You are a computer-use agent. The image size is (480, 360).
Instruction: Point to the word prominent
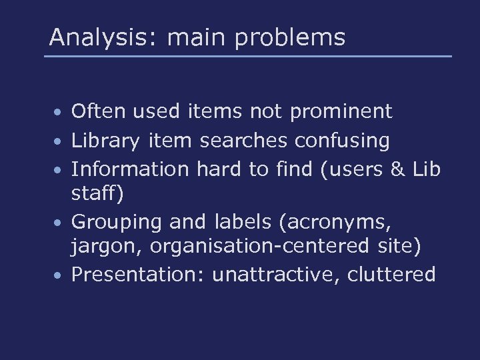click(x=341, y=112)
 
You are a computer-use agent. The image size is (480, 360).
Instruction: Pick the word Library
click(x=106, y=141)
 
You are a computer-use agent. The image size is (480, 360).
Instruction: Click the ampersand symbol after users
click(x=399, y=169)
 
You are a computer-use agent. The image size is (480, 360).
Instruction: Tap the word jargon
click(x=107, y=247)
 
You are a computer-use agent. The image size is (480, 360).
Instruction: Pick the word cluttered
click(x=391, y=274)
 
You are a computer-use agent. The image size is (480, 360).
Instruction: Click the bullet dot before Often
click(x=60, y=112)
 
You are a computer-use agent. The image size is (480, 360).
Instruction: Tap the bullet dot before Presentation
click(x=60, y=275)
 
